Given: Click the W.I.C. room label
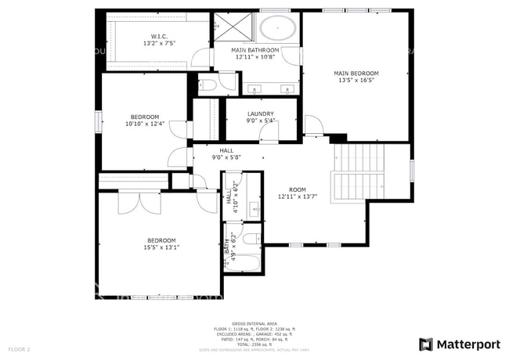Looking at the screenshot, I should [x=159, y=36].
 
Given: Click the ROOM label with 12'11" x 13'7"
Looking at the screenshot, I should [x=297, y=189].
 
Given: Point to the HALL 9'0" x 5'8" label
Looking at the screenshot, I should [x=226, y=151].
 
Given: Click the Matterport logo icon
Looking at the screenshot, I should [x=425, y=344].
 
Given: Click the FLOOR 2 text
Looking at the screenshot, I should [x=19, y=348].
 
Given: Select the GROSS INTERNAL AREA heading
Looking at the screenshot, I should [x=254, y=322].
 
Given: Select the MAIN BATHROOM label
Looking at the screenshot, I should [x=255, y=51].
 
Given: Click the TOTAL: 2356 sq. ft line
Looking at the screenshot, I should [x=254, y=344].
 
